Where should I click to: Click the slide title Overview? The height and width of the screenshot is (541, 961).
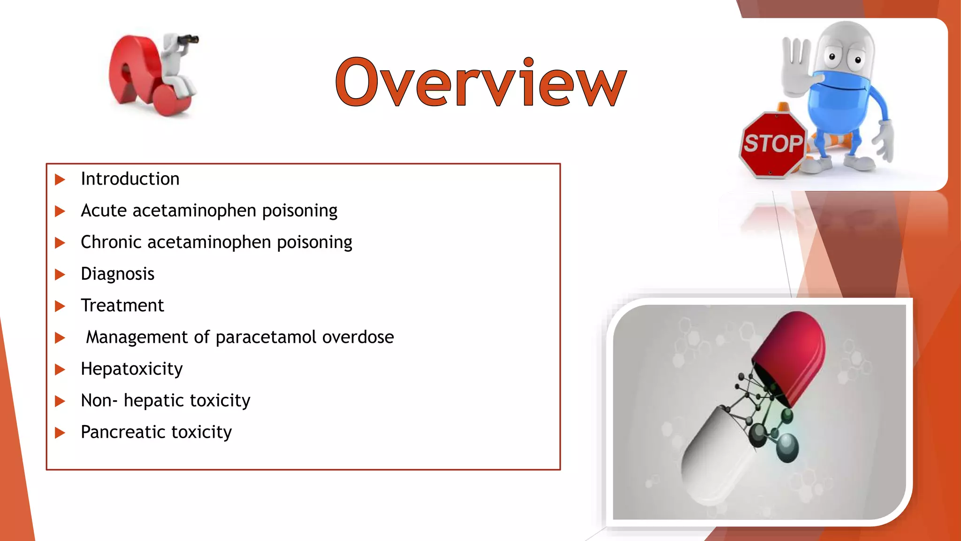click(x=481, y=82)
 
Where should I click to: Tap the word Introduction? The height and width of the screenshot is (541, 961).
click(x=130, y=179)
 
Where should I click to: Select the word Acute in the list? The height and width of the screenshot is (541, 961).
click(x=104, y=211)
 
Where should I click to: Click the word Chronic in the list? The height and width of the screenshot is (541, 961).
click(x=111, y=242)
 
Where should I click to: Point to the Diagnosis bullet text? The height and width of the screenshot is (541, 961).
click(x=117, y=274)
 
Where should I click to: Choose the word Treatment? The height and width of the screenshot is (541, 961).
click(x=122, y=306)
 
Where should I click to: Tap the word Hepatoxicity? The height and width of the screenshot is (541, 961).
click(x=131, y=369)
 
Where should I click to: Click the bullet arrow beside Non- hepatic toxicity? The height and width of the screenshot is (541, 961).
click(x=60, y=401)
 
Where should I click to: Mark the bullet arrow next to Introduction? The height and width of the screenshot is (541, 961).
click(x=60, y=179)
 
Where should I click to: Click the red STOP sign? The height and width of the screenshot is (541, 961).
click(x=772, y=144)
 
